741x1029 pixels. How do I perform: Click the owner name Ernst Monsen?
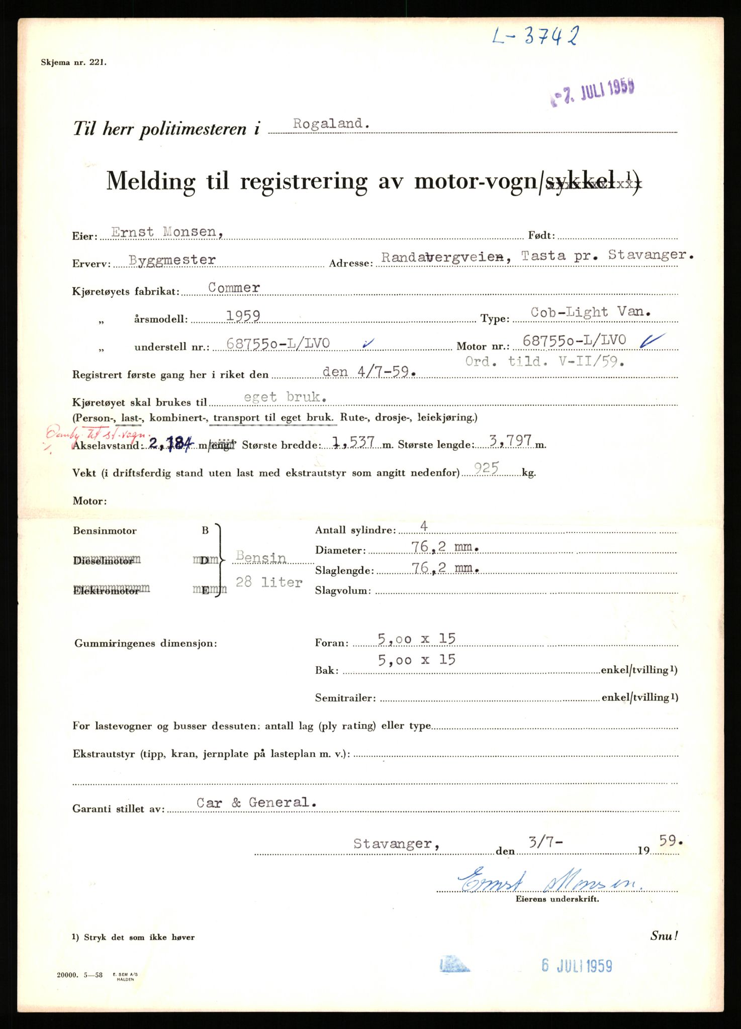click(163, 232)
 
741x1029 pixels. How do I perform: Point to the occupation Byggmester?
click(172, 260)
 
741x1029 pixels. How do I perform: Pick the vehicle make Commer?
click(234, 288)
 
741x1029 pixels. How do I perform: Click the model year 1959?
click(243, 316)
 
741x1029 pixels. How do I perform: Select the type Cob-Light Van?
click(591, 312)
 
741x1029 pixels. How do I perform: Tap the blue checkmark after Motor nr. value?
click(653, 341)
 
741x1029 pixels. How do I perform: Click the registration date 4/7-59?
click(369, 372)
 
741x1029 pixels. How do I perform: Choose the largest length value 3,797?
click(504, 441)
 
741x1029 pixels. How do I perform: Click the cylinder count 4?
click(424, 526)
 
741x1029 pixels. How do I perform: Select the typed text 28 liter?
click(269, 582)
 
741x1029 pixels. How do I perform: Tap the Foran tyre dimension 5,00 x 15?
click(417, 639)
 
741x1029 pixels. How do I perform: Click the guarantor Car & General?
click(257, 802)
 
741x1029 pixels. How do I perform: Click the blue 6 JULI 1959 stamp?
click(577, 965)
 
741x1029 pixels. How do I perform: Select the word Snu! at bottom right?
click(664, 936)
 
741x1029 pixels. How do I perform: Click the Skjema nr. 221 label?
click(74, 63)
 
